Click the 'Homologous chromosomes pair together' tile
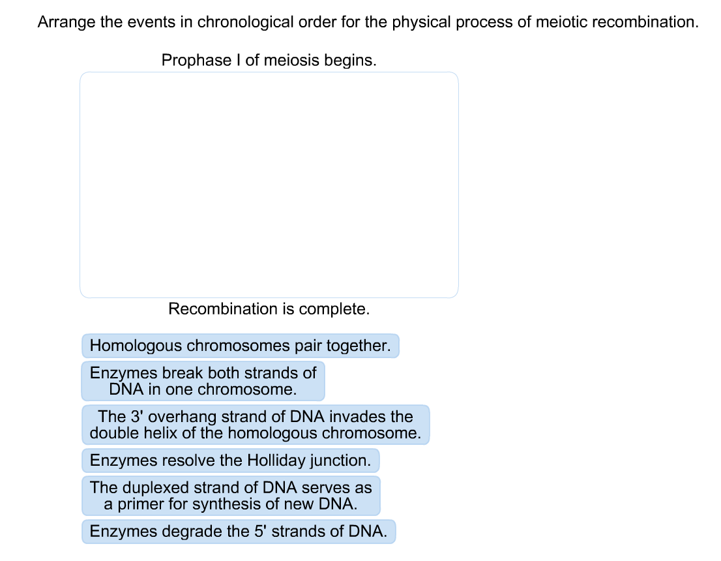coord(240,346)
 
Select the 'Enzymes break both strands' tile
coord(203,381)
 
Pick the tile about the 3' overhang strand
coord(256,425)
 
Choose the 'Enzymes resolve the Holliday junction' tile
coord(230,461)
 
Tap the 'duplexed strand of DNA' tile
coord(231,496)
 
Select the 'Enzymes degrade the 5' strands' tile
coord(239,531)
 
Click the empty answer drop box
coord(269,185)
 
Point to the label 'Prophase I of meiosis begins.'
coord(269,61)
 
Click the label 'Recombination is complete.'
coord(269,309)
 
